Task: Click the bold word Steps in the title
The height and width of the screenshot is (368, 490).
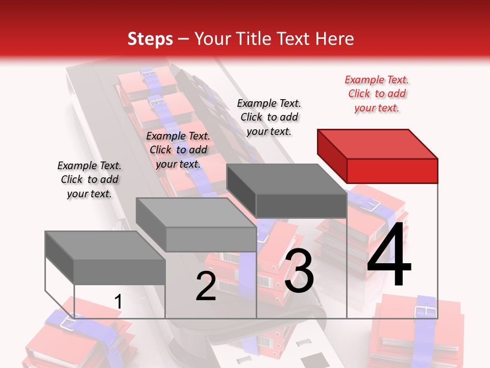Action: pyautogui.click(x=150, y=39)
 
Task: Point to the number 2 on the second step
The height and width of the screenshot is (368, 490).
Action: pyautogui.click(x=206, y=286)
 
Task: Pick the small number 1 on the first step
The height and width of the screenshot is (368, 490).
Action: pyautogui.click(x=118, y=302)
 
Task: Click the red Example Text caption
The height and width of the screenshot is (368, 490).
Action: pyautogui.click(x=377, y=94)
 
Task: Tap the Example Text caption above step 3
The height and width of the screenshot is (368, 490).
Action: pyautogui.click(x=269, y=117)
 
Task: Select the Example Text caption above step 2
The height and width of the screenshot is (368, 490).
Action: pyautogui.click(x=178, y=150)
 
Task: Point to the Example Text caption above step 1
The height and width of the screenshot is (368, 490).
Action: pyautogui.click(x=89, y=179)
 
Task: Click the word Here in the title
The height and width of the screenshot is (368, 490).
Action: pyautogui.click(x=335, y=39)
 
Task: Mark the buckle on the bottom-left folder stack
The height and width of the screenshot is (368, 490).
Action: pyautogui.click(x=66, y=321)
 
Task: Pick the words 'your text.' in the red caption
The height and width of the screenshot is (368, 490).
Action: pyautogui.click(x=377, y=108)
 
